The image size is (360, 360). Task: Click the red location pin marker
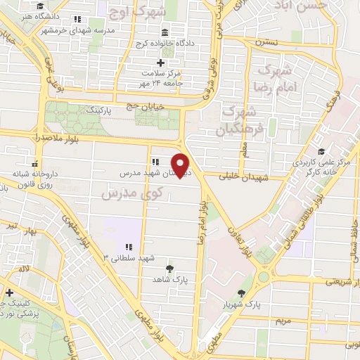[181, 165]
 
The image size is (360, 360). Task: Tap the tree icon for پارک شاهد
[169, 268]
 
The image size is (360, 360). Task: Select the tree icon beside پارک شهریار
[243, 293]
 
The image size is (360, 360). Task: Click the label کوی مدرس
[138, 191]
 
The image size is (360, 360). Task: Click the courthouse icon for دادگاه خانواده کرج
[165, 33]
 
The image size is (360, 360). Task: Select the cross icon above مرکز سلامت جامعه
[160, 62]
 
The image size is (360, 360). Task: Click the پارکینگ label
[98, 110]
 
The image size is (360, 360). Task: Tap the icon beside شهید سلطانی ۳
[129, 247]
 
